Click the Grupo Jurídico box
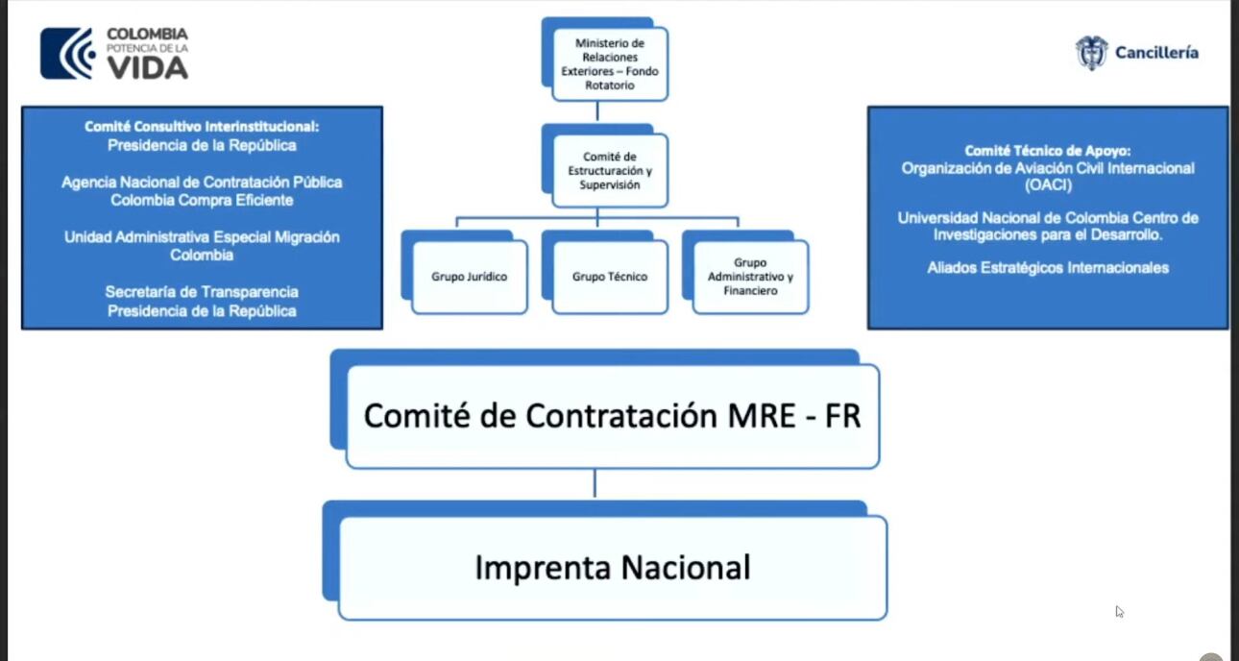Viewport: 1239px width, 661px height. pos(469,277)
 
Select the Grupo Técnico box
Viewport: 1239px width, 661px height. pos(610,277)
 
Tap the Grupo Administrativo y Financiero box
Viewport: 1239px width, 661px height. pos(749,277)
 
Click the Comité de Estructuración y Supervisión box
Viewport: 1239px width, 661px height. pos(610,170)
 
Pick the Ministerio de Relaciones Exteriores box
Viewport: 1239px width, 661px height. pos(610,64)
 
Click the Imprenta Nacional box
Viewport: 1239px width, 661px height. pos(612,568)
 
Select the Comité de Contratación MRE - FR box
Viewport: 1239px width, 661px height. pos(612,416)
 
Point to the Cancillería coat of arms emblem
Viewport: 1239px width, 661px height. pos(1091,53)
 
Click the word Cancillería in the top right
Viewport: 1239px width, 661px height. pos(1156,53)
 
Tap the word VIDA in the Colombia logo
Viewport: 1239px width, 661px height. pos(147,67)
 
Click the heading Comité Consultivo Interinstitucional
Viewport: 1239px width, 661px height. pos(202,126)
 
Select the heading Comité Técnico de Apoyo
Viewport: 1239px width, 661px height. pos(1048,151)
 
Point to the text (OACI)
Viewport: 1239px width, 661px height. pos(1048,185)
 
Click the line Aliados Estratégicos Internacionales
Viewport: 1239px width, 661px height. pos(1048,268)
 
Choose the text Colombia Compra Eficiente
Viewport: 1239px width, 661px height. pos(202,200)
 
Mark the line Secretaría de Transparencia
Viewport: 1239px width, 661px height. pos(202,291)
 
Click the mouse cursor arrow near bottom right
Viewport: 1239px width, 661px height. pos(1119,611)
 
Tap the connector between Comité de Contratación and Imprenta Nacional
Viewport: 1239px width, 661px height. pos(595,483)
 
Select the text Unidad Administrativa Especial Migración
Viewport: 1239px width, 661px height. pos(202,236)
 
